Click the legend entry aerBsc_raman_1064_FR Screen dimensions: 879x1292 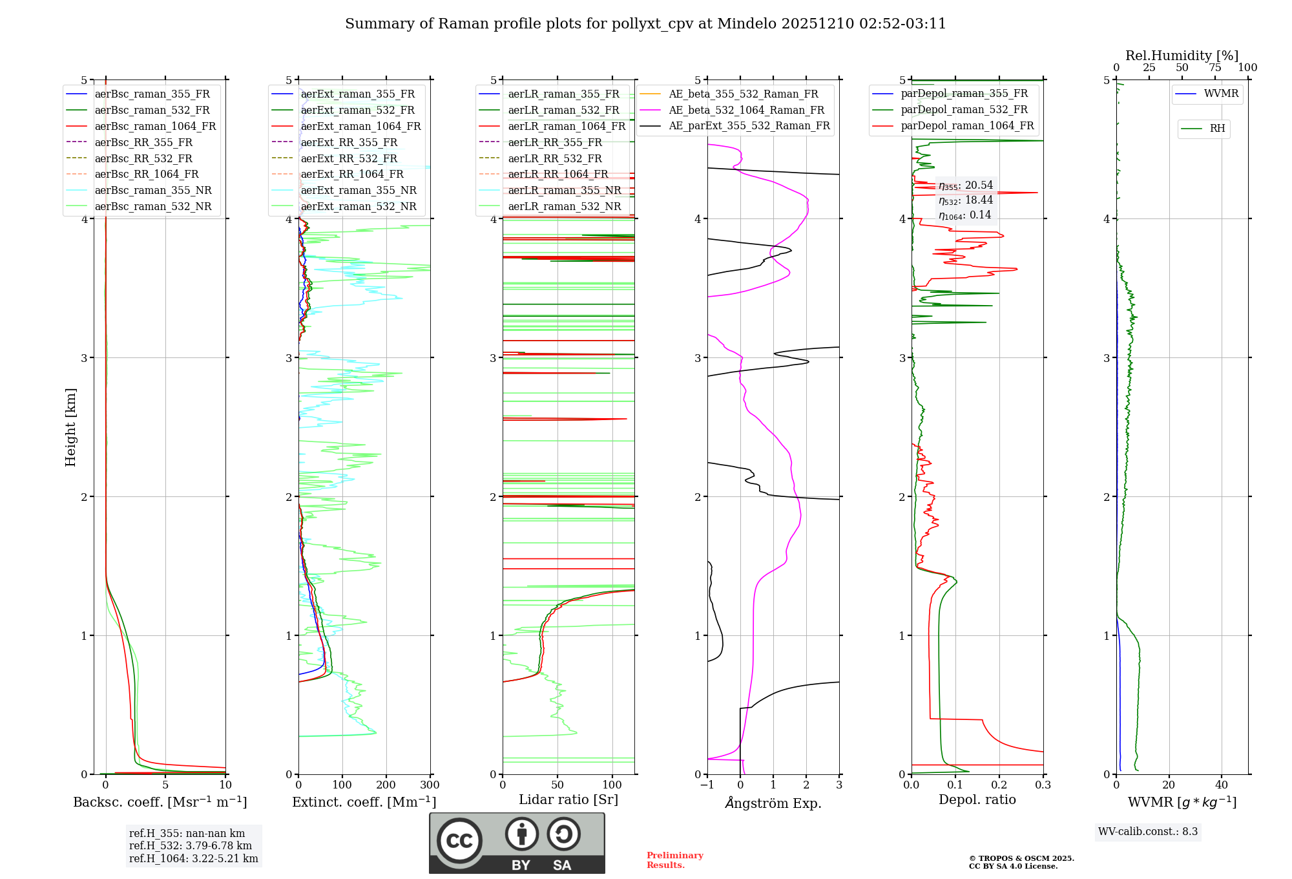[155, 126]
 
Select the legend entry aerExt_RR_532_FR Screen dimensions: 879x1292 [349, 158]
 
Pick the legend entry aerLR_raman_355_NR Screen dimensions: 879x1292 [564, 190]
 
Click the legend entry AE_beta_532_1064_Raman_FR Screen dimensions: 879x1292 [746, 110]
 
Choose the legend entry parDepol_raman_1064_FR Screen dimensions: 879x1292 [967, 125]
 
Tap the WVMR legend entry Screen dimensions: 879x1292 [1221, 94]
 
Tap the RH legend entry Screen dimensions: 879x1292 [1217, 129]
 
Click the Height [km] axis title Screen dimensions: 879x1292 [70, 427]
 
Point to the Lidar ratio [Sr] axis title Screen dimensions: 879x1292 [568, 800]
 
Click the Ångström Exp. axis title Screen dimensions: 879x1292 [773, 803]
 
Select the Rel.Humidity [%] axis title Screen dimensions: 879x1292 [1182, 56]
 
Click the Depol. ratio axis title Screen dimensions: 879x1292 [977, 800]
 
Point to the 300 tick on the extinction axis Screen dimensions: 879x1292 [430, 785]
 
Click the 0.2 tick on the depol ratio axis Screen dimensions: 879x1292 [999, 785]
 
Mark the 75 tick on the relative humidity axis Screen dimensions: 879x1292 [1215, 68]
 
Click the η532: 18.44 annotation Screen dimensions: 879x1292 [966, 200]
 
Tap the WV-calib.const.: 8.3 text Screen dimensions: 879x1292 [1148, 831]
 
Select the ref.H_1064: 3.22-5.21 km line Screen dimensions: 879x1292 [193, 858]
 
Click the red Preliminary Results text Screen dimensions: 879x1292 [674, 860]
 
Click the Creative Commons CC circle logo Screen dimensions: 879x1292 [459, 840]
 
